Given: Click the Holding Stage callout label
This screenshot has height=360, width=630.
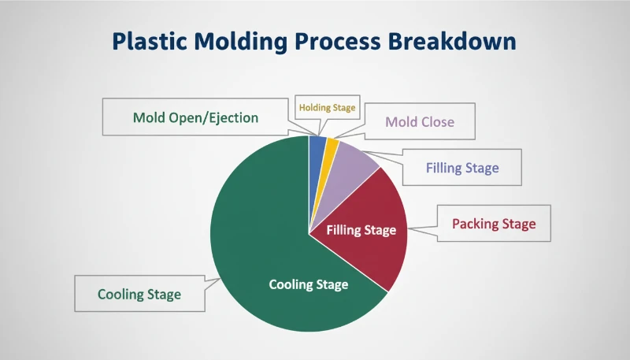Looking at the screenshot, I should (326, 106).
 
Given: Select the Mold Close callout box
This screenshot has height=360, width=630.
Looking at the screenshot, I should (420, 122).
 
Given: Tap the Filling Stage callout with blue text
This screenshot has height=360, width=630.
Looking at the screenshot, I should (462, 168).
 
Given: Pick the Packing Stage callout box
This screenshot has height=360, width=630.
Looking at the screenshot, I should (494, 224).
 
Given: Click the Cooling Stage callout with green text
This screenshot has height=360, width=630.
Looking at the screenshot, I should (139, 295).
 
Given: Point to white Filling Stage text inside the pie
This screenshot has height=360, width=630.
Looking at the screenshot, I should (361, 230).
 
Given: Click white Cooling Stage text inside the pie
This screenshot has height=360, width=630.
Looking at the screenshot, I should (308, 284).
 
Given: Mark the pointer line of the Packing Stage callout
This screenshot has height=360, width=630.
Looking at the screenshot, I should (421, 228).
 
